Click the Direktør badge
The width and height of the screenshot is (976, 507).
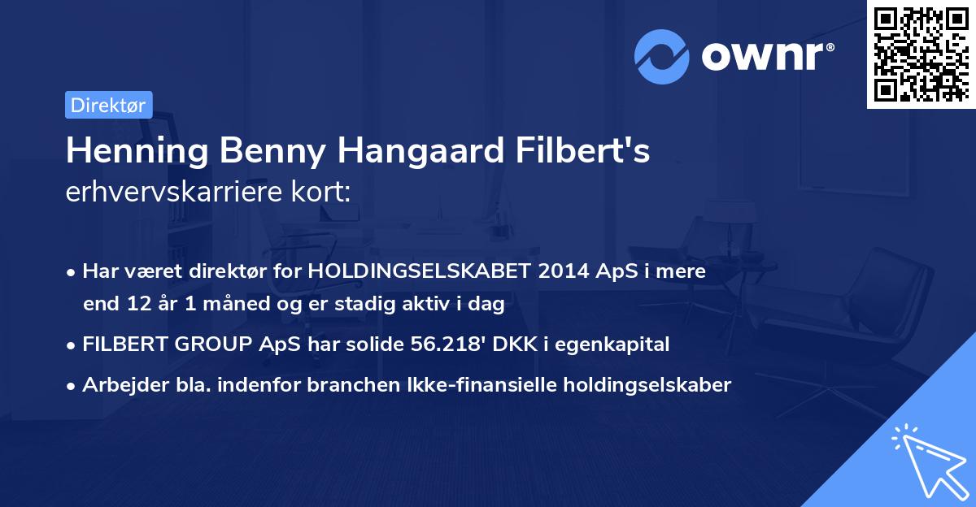pos(108,105)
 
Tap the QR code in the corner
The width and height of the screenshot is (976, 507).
pos(921,54)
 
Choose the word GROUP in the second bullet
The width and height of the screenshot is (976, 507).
pos(215,344)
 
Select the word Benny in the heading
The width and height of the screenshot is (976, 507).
pos(249,151)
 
